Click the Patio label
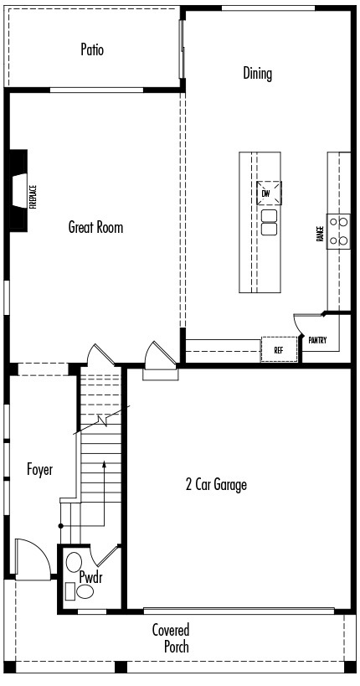(92, 49)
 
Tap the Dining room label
(257, 73)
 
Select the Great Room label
(95, 227)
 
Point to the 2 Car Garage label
(216, 484)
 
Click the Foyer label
(40, 470)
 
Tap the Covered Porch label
(171, 638)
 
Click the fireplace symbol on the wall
(18, 190)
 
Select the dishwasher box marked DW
(269, 193)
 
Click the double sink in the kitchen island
(269, 222)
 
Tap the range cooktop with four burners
(338, 231)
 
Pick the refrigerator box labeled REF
(279, 349)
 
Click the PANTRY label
(317, 340)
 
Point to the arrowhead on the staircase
(104, 464)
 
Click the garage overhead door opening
(239, 610)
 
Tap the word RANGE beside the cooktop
(319, 234)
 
